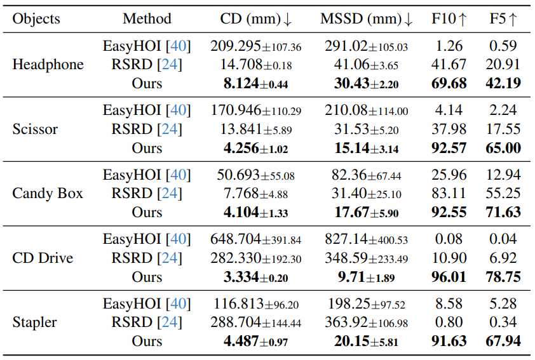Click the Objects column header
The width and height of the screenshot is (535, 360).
tap(36, 18)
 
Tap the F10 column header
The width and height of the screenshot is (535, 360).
tap(449, 18)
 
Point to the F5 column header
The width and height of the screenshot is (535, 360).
tap(503, 18)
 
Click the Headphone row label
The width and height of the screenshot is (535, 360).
tap(48, 65)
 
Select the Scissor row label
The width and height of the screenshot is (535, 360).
tap(35, 130)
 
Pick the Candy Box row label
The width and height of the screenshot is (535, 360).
tap(48, 194)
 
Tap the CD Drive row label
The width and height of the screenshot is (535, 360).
tap(43, 258)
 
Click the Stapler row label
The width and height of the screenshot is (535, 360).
tap(34, 323)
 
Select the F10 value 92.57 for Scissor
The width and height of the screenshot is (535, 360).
tap(449, 149)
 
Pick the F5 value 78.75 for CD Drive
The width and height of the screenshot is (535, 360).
tap(503, 277)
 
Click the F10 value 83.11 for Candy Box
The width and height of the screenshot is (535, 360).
tap(449, 194)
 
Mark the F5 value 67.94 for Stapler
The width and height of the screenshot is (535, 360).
tap(503, 342)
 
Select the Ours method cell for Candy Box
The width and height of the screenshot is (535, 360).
tap(147, 213)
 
